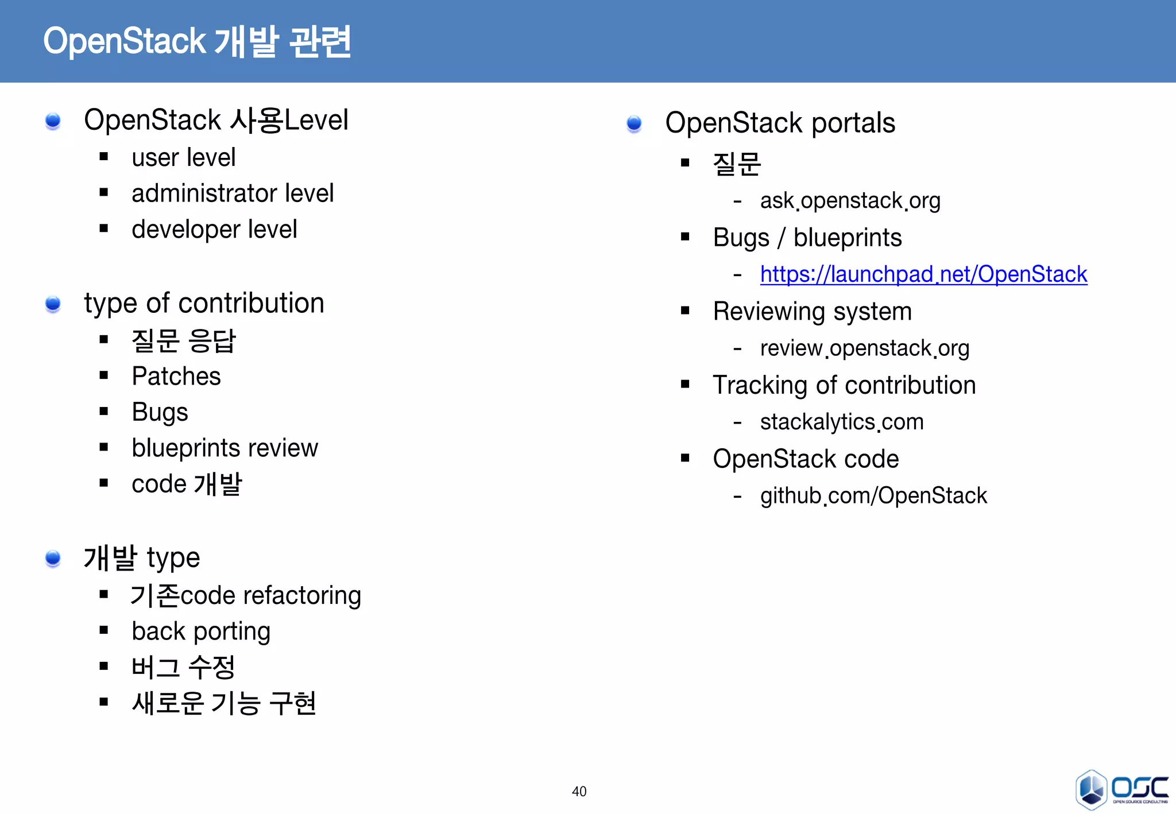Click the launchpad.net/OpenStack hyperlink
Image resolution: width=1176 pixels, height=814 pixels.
[x=923, y=274]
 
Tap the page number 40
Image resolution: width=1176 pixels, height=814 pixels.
[x=579, y=792]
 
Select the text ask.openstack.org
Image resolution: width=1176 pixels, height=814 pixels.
[x=850, y=201]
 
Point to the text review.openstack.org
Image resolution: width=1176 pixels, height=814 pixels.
[x=864, y=348]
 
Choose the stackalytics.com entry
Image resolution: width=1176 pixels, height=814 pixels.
[x=842, y=422]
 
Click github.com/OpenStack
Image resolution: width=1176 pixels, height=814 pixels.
[x=873, y=495]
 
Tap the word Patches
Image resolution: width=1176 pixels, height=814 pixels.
[x=176, y=377]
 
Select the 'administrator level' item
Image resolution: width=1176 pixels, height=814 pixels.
[x=233, y=193]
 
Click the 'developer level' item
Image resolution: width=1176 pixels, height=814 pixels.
[x=214, y=230]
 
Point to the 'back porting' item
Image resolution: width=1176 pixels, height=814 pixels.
[x=201, y=631]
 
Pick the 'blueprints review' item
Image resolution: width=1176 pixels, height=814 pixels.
[x=225, y=448]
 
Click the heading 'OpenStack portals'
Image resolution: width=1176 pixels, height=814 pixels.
[x=780, y=123]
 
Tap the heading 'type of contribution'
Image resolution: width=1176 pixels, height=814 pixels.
[x=204, y=303]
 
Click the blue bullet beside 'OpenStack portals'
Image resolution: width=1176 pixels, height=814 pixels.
[x=634, y=123]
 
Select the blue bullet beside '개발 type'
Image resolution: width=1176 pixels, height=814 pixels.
[x=53, y=558]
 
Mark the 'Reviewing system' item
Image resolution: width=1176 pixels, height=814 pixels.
[x=812, y=312]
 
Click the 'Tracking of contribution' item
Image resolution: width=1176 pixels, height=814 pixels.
[x=844, y=385]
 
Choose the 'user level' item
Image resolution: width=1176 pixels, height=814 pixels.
[x=184, y=158]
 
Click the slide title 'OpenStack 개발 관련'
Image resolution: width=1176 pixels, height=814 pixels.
[x=197, y=41]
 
